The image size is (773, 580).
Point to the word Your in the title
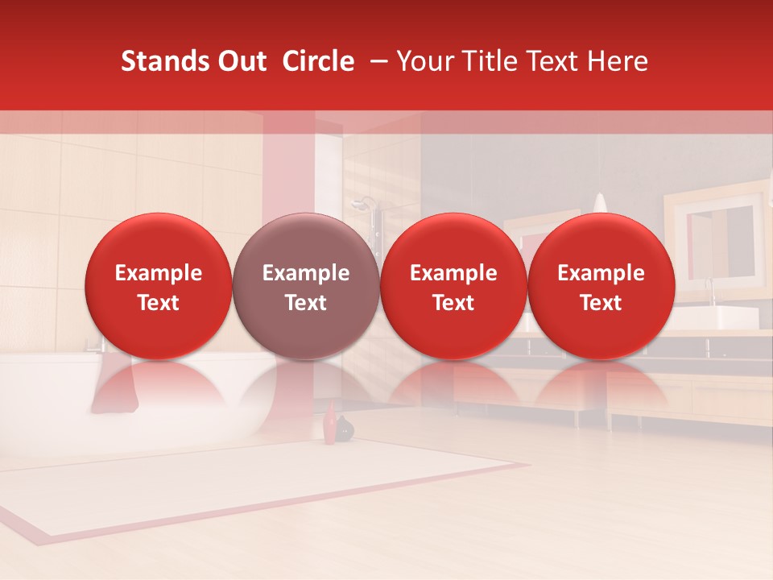[x=423, y=61]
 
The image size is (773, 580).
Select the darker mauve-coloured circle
[x=306, y=286]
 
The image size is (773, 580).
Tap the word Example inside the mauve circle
[x=306, y=273]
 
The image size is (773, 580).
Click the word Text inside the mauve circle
[x=306, y=303]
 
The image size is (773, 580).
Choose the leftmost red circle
[x=159, y=286]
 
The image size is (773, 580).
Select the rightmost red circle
[x=601, y=286]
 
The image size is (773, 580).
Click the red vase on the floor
[x=329, y=425]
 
